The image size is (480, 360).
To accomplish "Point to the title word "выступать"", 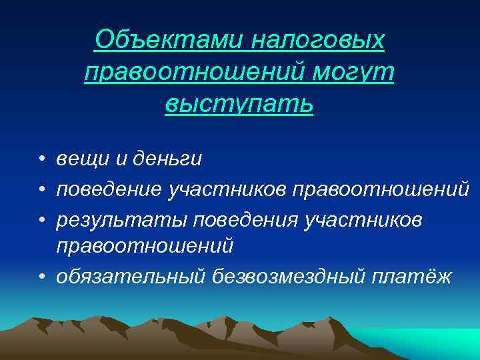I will coord(239,103).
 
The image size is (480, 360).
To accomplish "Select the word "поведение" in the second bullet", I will coord(109,189).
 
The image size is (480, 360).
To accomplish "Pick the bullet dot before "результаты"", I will coord(41,219).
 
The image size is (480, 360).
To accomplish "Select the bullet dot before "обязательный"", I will coord(41,275).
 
